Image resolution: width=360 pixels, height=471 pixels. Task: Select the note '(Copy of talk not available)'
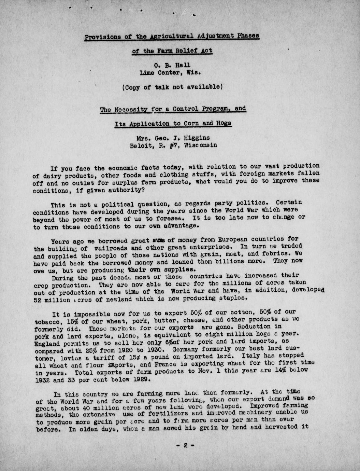coord(172,87)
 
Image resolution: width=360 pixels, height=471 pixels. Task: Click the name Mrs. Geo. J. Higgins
coord(173,138)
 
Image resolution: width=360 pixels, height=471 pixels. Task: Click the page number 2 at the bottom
coord(186,445)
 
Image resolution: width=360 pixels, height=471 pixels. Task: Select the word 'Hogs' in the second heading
coord(223,124)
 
